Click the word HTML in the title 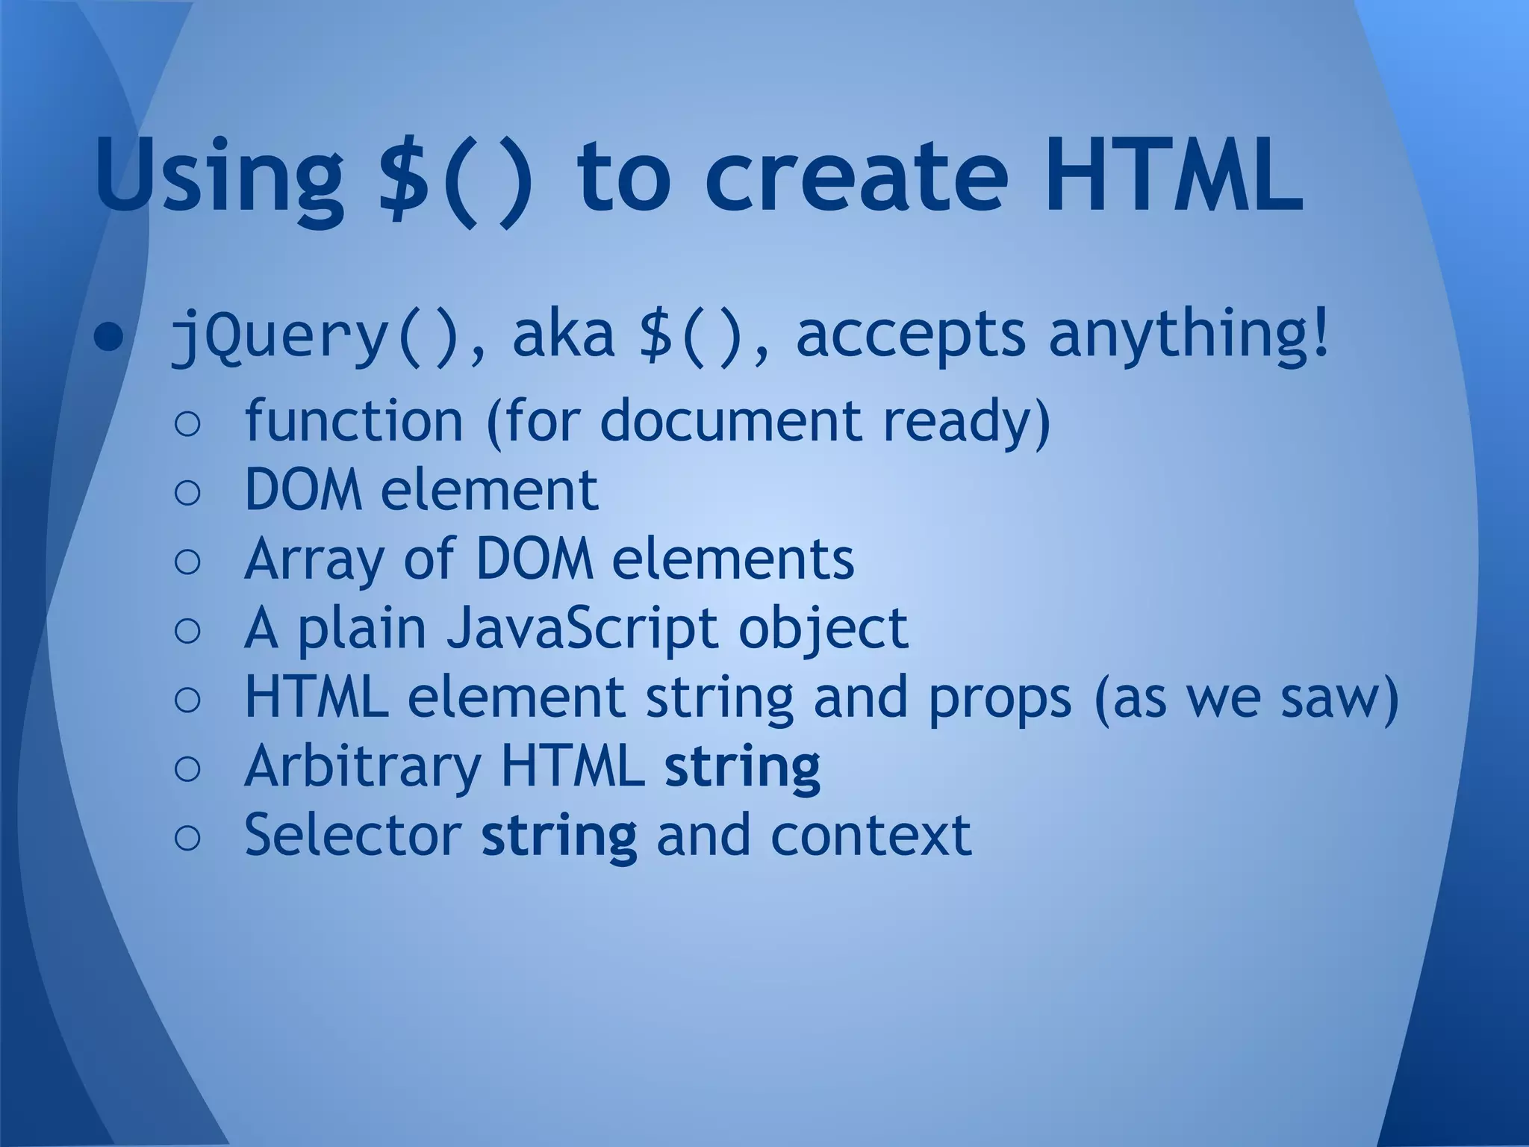point(1173,176)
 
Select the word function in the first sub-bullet point(354,421)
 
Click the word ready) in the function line point(967,423)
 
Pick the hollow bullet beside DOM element point(187,493)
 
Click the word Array point(313,560)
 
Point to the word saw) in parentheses point(1339,697)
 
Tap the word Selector point(352,835)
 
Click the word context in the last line point(871,835)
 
